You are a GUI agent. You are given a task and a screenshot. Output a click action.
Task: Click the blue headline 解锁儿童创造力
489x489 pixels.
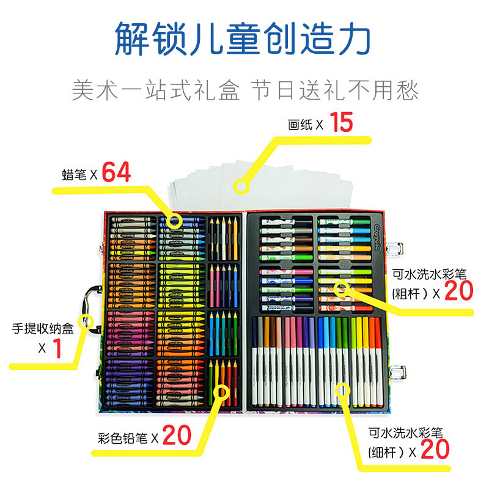(x=243, y=38)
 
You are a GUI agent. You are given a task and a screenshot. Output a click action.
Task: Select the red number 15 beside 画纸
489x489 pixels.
(x=342, y=123)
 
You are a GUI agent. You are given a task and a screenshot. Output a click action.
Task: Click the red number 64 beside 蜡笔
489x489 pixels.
(x=116, y=172)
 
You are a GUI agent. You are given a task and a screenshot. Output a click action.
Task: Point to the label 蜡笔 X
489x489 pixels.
(x=79, y=174)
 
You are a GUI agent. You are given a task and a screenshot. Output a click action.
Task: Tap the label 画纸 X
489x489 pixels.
(x=304, y=125)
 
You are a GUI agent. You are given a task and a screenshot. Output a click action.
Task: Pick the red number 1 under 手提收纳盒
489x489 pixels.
(x=58, y=348)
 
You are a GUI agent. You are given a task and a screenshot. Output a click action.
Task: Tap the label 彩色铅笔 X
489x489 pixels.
(x=128, y=438)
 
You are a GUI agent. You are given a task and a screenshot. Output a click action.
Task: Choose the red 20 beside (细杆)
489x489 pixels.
(x=435, y=450)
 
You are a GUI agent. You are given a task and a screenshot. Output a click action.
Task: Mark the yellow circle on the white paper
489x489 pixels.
(x=243, y=183)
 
